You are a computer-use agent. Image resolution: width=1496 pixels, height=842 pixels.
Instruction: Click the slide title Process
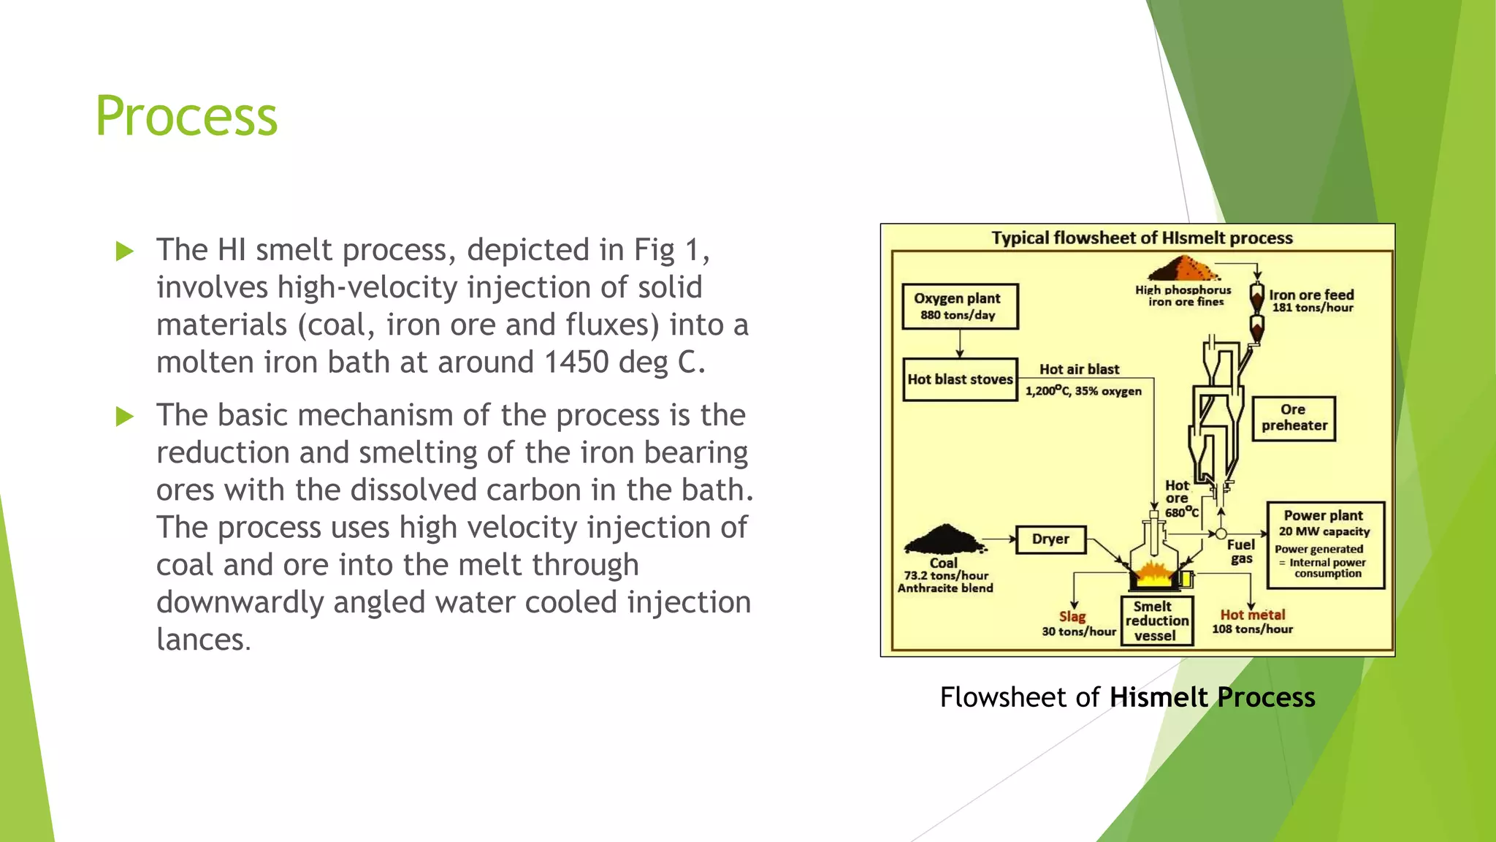coord(186,116)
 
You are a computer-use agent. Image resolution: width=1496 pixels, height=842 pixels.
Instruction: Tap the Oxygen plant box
coord(960,306)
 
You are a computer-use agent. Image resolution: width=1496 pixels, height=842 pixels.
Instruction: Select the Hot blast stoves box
coord(960,379)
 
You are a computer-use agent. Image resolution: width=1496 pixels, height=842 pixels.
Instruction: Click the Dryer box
coord(1050,539)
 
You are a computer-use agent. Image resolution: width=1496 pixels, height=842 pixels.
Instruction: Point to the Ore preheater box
coord(1294,418)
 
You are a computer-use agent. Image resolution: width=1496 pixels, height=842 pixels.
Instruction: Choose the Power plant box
coord(1325,545)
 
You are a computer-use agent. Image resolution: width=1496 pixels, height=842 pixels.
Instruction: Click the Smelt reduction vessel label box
coord(1156,621)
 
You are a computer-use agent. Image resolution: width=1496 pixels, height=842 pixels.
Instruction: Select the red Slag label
coord(1072,616)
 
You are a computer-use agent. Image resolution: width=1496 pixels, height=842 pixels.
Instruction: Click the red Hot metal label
coord(1252,615)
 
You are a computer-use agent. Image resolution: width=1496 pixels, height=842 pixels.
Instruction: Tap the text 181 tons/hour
coord(1313,308)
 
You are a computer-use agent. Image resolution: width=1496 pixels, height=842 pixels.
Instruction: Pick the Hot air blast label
coord(1079,369)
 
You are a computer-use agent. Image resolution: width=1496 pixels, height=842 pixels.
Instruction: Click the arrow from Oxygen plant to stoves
coord(960,344)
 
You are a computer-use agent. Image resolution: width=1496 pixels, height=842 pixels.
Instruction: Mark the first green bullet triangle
coord(125,251)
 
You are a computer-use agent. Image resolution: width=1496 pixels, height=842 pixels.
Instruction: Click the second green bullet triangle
coord(125,417)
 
